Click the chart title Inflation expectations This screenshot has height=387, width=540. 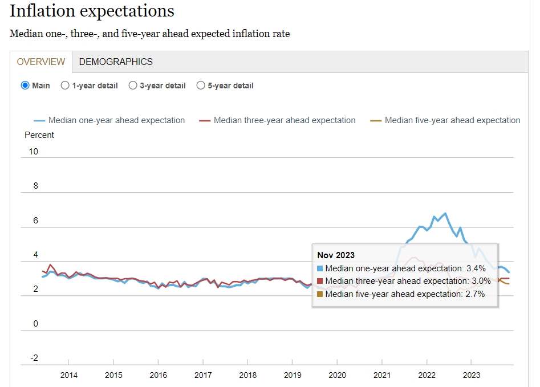[92, 11]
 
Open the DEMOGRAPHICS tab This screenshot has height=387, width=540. [116, 62]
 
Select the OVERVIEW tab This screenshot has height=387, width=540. [40, 62]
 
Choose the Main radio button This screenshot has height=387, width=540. [25, 85]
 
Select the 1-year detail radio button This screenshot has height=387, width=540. [65, 85]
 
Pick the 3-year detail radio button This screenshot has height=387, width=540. [133, 85]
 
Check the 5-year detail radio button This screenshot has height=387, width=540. [201, 85]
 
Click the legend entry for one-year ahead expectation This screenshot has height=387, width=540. [116, 120]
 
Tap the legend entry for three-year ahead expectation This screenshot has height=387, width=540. [284, 120]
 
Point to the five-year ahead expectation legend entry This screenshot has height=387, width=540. [452, 120]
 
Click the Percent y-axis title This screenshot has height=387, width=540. [39, 135]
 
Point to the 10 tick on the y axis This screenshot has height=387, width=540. [34, 151]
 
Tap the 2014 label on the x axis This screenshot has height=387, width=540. [68, 375]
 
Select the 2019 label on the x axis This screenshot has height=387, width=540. [293, 375]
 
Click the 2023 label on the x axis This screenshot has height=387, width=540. [472, 375]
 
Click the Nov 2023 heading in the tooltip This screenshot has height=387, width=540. [336, 255]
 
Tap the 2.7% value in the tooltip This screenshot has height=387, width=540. [475, 294]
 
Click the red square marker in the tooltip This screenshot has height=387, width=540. [320, 281]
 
